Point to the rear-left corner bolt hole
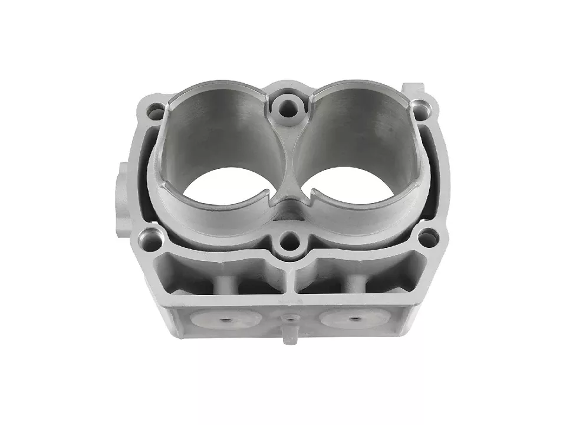pos(156,110)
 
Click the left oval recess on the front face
pos(225,319)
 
